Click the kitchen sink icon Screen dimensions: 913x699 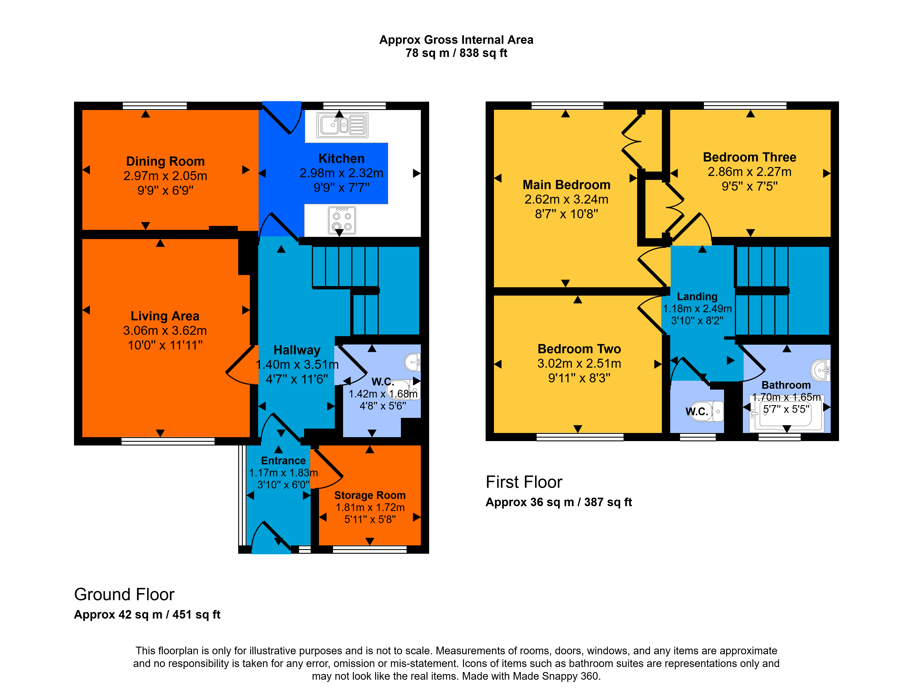pos(342,125)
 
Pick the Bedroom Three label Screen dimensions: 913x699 pos(750,157)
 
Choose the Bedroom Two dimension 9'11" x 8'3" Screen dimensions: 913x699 pos(579,378)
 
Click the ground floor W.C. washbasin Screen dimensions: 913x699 pos(412,362)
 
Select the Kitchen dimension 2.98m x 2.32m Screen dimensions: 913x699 pos(341,173)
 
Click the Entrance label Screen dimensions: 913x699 pos(283,461)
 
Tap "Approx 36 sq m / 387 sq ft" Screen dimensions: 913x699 pos(559,502)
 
